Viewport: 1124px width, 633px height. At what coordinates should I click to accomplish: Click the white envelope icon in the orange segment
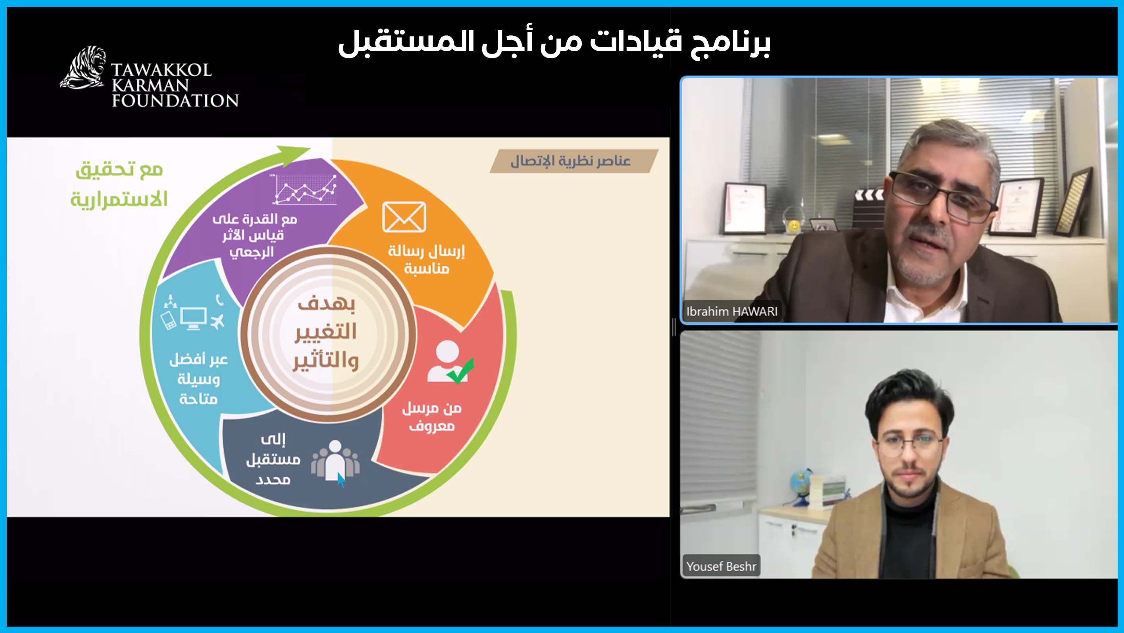(x=404, y=217)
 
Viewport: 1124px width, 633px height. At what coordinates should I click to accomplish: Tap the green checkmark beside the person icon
(x=461, y=371)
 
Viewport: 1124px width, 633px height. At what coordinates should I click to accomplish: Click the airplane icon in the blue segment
(x=217, y=321)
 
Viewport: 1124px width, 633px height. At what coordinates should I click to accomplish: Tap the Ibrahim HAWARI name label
(x=731, y=312)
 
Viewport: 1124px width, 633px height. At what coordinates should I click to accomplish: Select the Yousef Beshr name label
(x=721, y=566)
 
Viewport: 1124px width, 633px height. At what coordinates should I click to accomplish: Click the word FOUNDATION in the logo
(x=175, y=101)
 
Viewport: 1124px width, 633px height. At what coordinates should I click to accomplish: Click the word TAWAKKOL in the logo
(x=161, y=70)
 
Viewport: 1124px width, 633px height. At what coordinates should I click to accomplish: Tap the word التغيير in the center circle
(x=326, y=331)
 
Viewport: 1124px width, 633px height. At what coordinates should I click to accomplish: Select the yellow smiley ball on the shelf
(x=794, y=226)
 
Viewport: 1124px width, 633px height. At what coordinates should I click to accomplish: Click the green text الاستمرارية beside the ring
(x=119, y=199)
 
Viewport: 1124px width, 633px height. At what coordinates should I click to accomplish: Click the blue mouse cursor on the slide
(x=341, y=480)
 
